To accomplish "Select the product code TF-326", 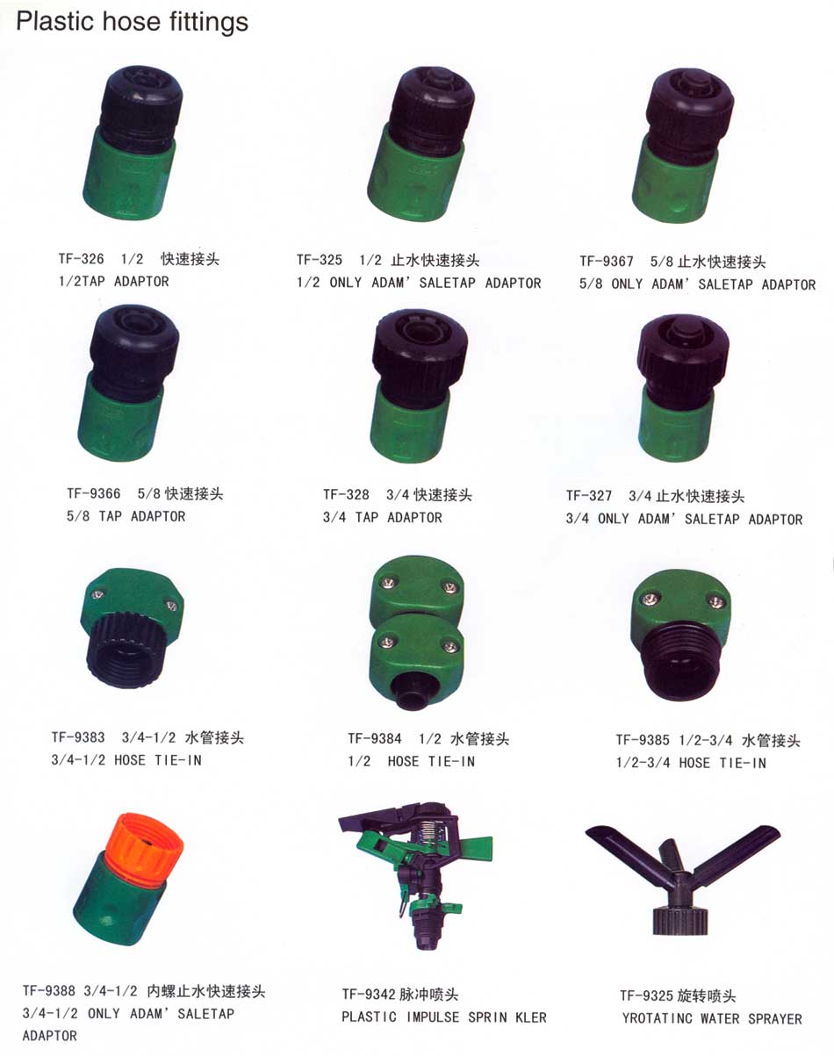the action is tap(81, 259).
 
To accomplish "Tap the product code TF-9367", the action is tap(607, 261).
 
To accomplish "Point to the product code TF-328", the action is tap(346, 494).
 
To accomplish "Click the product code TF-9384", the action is tap(375, 738).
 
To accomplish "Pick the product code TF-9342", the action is tap(369, 995).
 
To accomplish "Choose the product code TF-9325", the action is tap(646, 995).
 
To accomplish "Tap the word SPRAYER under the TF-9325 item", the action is tap(775, 1019).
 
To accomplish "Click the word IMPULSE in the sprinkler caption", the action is tap(433, 1017).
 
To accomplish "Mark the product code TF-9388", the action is tap(49, 991).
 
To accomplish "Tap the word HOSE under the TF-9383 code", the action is tap(130, 760).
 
